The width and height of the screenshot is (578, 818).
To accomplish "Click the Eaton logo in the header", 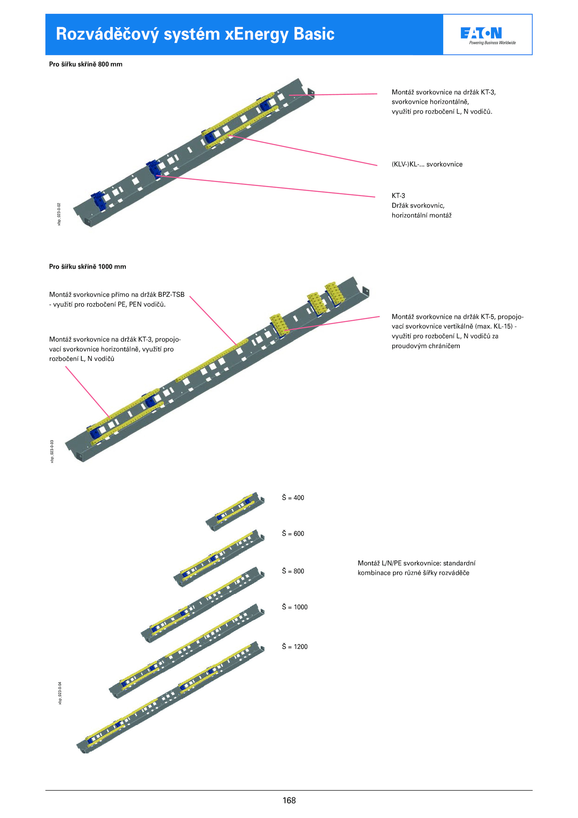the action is click(x=481, y=33).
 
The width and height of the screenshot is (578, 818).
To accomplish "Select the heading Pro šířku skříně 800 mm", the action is click(x=86, y=64).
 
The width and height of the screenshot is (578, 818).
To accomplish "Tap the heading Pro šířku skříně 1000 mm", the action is click(x=87, y=267).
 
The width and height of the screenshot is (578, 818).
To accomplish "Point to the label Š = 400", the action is click(x=293, y=498).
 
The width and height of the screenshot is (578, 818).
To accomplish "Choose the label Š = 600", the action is click(x=293, y=534).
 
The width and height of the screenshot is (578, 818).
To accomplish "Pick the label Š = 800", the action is click(x=293, y=571).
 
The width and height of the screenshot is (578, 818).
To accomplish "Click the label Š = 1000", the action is click(x=295, y=607).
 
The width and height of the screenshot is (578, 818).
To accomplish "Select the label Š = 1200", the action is click(x=295, y=647).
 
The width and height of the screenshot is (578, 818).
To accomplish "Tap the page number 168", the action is click(x=289, y=801).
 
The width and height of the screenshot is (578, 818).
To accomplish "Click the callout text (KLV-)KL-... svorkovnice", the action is click(x=427, y=164).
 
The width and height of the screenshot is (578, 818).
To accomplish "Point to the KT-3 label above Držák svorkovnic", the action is click(x=398, y=196).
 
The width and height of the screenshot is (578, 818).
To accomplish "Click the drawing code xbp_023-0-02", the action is click(x=59, y=214).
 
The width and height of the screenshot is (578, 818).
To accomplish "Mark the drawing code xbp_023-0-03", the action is click(x=52, y=451).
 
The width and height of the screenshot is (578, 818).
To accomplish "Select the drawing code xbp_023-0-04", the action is click(x=60, y=693).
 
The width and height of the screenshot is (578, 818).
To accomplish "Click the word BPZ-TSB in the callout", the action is click(x=171, y=295).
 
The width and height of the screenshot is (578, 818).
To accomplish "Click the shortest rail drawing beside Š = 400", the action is click(x=235, y=511).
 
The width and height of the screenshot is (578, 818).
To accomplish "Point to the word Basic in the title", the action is click(x=314, y=34).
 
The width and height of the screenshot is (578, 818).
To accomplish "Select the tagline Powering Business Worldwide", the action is click(x=492, y=43).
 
